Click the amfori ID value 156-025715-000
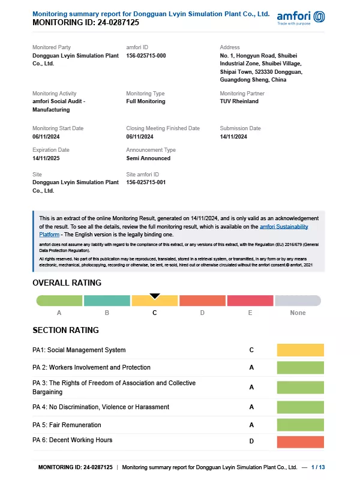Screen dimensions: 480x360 point(146,55)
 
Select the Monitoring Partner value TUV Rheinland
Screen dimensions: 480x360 point(239,101)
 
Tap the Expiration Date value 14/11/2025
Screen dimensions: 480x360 point(47,158)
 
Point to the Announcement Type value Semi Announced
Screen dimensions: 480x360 point(148,158)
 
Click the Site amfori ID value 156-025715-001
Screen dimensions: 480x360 point(146,182)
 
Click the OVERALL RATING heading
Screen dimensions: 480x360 point(67,283)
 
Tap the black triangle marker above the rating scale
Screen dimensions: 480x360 point(155,295)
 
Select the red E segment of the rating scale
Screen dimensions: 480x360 point(250,301)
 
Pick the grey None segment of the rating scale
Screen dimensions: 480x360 point(298,301)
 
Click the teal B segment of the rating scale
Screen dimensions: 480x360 point(107,301)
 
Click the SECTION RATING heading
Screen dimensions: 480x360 point(65,330)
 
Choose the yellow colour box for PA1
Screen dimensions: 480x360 point(300,350)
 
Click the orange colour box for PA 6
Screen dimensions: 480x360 point(300,442)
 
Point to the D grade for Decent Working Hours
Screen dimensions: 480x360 point(251,442)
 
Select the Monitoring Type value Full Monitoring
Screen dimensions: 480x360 point(145,101)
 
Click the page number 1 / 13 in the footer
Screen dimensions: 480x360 point(318,467)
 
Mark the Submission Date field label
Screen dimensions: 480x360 point(240,128)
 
